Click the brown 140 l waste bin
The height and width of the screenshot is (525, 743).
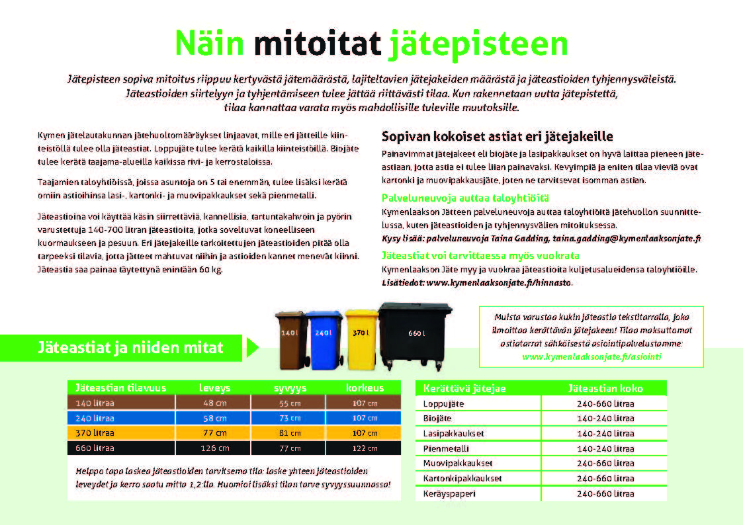(289, 339)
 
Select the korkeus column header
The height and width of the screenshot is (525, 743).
(365, 387)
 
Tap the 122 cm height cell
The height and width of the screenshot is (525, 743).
(365, 448)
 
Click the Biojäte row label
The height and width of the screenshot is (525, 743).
(437, 419)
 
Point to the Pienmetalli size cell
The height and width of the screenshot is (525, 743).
(605, 448)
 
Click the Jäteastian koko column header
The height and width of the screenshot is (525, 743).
(605, 389)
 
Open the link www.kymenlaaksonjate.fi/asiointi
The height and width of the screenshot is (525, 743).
(591, 356)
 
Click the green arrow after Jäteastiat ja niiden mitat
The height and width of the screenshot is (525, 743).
(252, 348)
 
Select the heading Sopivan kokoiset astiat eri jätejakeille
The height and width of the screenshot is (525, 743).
(498, 137)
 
